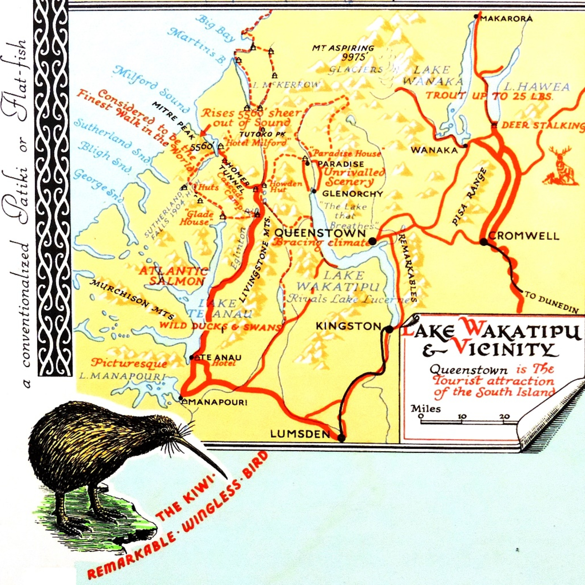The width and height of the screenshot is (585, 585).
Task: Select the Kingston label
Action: point(348,326)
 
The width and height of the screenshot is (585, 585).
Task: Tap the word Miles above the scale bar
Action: point(425,409)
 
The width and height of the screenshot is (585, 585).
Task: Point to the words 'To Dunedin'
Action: point(551,302)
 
